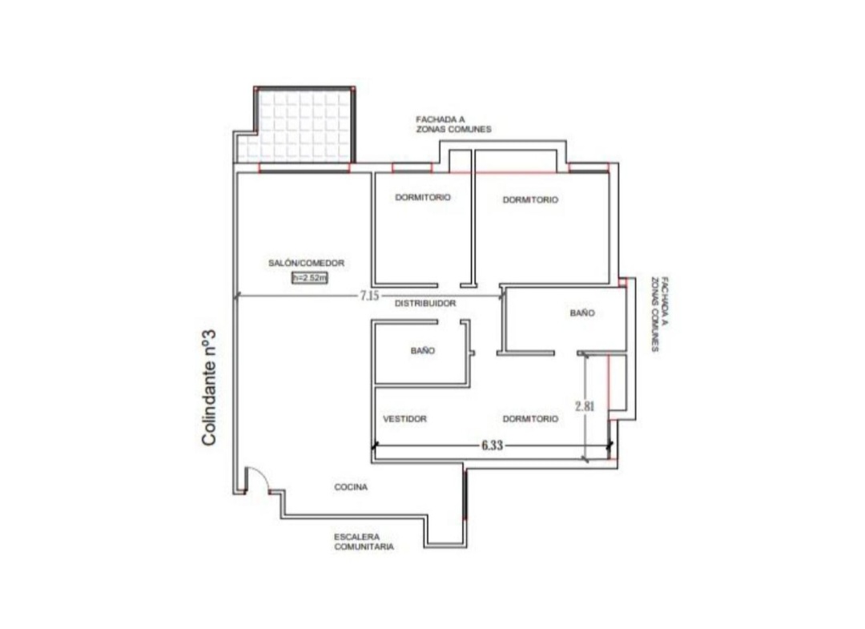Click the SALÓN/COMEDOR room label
coord(306,263)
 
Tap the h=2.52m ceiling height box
coord(309,277)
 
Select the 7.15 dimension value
coord(369,296)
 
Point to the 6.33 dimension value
coord(492,446)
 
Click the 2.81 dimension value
coord(585,406)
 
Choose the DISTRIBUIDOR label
coord(425,304)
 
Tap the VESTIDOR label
coord(405,419)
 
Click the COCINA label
coord(351,487)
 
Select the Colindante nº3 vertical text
coord(208,388)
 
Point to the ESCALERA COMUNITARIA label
coord(364,542)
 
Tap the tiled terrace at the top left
coord(299,127)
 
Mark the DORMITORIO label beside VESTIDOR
coord(530,419)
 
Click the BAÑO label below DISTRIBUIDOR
coord(423,350)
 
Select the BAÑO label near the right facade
coord(582,312)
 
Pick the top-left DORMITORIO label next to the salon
coord(423,197)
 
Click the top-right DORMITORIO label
coord(530,200)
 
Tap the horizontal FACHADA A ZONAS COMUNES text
coord(453,124)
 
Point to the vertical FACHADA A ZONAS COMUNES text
coord(660,314)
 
